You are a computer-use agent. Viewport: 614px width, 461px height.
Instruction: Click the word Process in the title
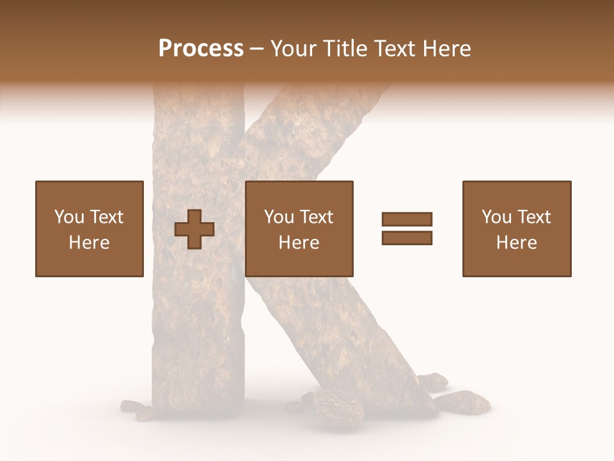201,49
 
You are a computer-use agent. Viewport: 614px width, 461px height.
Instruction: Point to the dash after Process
256,49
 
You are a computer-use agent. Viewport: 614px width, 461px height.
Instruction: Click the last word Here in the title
446,49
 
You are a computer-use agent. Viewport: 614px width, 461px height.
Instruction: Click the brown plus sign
195,229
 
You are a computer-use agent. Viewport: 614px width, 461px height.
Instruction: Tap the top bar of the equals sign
407,220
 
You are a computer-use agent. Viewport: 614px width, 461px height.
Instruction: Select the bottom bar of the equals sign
407,238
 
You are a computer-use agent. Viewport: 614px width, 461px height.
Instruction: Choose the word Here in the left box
89,243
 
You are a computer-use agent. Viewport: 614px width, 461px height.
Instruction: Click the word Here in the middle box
299,243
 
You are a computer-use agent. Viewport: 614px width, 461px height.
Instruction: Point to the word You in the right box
496,217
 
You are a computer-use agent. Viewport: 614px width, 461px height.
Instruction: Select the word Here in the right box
516,243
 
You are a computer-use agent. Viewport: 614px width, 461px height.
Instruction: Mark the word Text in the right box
533,217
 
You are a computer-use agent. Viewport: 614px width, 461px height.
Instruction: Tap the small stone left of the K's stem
132,406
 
